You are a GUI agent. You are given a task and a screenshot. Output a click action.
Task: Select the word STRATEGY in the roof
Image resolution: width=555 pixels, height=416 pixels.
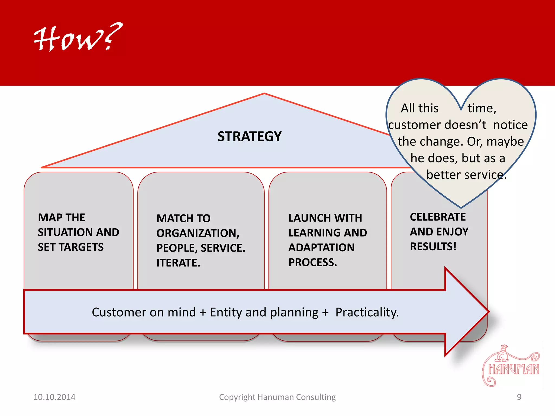tap(249, 136)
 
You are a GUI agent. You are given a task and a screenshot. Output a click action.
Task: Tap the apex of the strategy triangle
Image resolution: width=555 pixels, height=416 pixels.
tap(264, 94)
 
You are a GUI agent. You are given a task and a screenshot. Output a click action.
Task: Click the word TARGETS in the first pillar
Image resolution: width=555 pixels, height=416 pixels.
tap(81, 247)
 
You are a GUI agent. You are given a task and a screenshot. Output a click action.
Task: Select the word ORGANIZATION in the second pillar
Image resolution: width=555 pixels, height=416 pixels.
tap(197, 233)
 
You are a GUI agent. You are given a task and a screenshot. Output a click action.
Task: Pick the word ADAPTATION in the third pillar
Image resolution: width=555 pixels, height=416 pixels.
tap(321, 248)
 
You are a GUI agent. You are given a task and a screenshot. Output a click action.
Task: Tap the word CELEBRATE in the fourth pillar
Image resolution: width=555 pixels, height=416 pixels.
tap(438, 217)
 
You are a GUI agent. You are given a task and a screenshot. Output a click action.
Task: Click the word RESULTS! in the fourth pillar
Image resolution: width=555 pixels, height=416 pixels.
tap(433, 246)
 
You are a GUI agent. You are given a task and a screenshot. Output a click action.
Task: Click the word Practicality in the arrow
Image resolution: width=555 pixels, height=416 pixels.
tap(366, 312)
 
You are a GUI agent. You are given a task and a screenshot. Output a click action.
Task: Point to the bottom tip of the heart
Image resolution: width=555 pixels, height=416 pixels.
tap(461, 207)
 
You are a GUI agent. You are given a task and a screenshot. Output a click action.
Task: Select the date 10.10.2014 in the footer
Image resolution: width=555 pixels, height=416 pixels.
tap(54, 397)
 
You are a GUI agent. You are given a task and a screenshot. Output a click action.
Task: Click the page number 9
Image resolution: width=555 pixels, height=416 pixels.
tap(519, 397)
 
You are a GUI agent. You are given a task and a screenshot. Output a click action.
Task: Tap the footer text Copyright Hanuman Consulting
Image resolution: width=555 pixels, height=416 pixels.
tap(277, 397)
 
